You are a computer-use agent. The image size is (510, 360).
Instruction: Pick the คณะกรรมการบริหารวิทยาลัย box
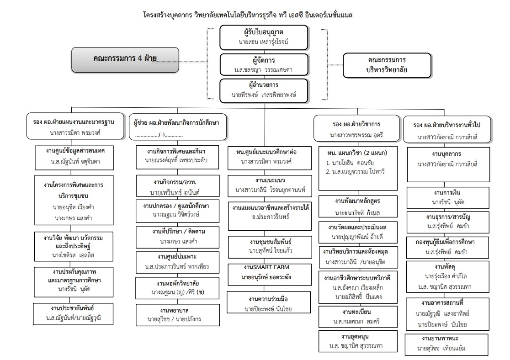pos(387,65)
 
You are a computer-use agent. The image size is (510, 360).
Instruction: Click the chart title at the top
pos(255,15)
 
